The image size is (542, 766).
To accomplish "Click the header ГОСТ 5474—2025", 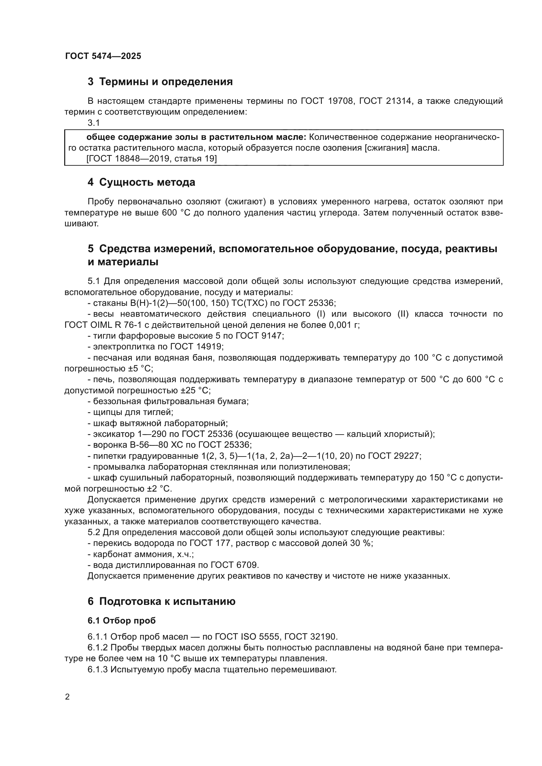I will [x=103, y=56].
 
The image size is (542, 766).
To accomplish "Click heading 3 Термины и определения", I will [x=160, y=82].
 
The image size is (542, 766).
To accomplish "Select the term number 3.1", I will [x=94, y=123].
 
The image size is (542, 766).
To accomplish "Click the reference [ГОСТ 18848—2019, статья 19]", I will [x=151, y=159].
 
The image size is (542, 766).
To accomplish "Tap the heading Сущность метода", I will [x=147, y=182].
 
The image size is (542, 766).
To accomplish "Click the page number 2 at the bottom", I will [x=68, y=697].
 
